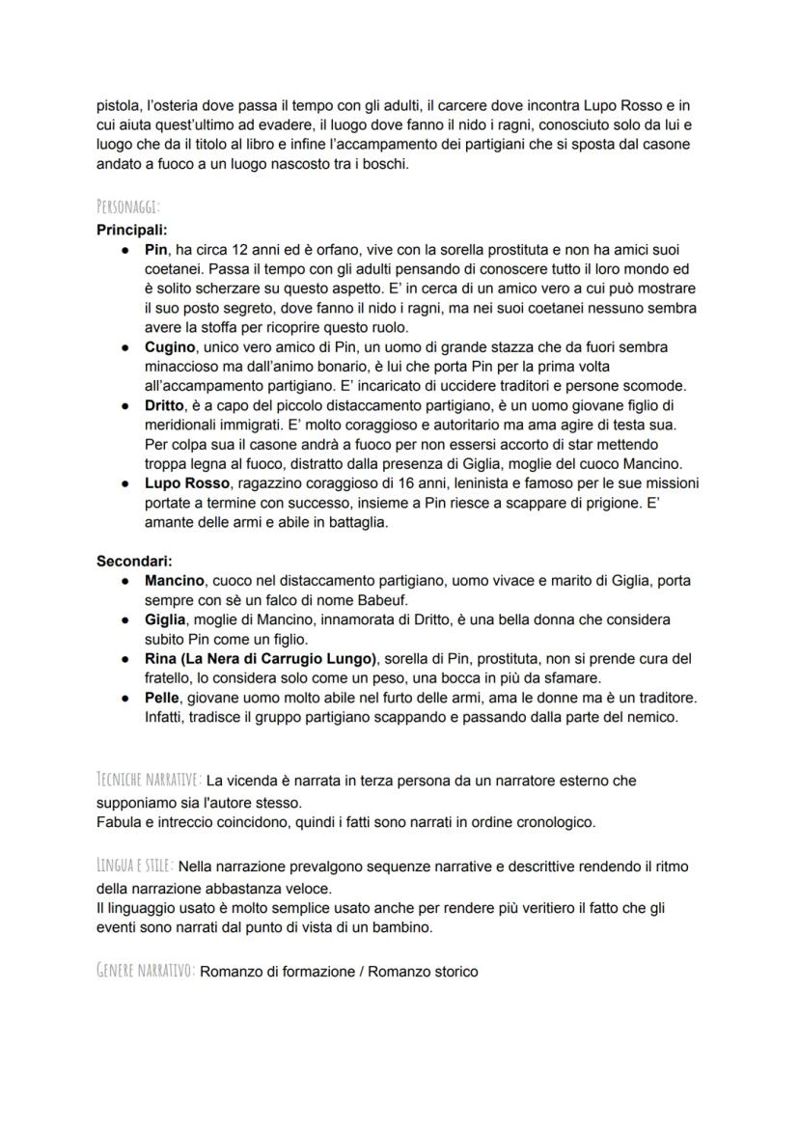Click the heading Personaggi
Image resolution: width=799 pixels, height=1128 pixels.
click(128, 207)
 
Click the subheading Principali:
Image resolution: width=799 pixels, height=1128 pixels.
click(131, 230)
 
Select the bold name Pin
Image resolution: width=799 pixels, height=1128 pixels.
click(156, 250)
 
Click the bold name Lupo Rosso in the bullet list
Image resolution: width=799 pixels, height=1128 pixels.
click(187, 483)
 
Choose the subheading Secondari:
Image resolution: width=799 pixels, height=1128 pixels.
click(134, 561)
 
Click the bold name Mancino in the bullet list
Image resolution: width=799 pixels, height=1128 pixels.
click(175, 581)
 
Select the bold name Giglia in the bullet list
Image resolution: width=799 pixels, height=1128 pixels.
click(165, 619)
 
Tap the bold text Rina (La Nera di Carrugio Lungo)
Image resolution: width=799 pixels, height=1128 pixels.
click(258, 659)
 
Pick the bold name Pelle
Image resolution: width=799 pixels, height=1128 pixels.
click(162, 698)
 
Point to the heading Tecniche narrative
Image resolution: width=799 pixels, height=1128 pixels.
click(149, 779)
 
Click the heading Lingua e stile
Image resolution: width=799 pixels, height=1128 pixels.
click(134, 866)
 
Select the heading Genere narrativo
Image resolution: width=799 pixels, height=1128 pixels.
click(146, 971)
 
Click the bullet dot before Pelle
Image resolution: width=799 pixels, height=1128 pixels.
click(126, 698)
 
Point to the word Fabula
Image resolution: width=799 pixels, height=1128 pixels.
click(119, 822)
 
